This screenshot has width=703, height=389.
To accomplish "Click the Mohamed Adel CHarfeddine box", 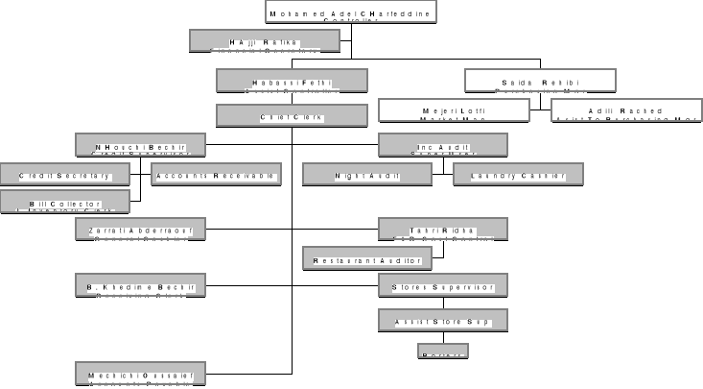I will (x=351, y=12).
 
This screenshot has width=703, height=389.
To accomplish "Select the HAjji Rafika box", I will (x=265, y=40).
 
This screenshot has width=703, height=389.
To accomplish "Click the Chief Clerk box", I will (x=291, y=116).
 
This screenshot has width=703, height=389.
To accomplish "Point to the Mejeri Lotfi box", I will (x=454, y=110).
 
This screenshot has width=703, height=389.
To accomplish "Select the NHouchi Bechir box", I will (x=140, y=145).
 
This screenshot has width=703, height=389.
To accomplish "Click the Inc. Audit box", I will (x=442, y=145).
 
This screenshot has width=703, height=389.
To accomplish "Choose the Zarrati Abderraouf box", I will (x=140, y=229).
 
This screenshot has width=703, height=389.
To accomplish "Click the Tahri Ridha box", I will (x=442, y=229).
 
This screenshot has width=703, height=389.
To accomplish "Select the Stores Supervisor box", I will (x=442, y=285).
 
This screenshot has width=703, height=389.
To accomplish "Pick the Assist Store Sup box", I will (x=442, y=320).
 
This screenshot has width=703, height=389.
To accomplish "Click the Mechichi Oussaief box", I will (x=140, y=374).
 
